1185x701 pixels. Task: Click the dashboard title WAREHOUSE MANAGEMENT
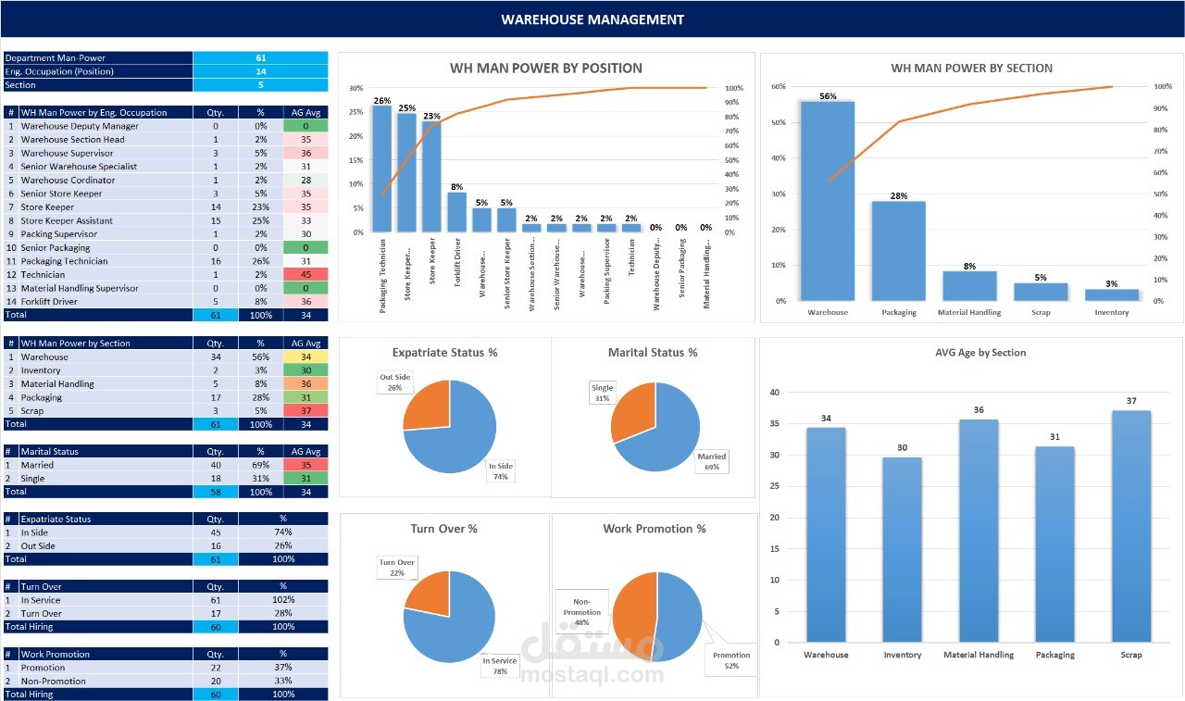click(592, 19)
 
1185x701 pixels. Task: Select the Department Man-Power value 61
click(260, 57)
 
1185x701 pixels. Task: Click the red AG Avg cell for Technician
click(305, 275)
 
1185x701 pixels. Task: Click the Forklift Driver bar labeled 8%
click(456, 212)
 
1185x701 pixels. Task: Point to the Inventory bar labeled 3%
click(1112, 294)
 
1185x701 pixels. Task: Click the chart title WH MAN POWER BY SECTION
click(971, 68)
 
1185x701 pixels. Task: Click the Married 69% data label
click(713, 461)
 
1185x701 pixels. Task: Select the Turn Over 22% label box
click(396, 568)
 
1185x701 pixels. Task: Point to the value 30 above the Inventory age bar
click(903, 448)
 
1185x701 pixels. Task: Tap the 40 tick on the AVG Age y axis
click(774, 393)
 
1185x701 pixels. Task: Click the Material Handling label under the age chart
click(979, 655)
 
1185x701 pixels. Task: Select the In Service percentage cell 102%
click(283, 600)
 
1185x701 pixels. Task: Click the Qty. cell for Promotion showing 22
click(216, 668)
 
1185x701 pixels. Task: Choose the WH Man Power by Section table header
click(75, 343)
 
